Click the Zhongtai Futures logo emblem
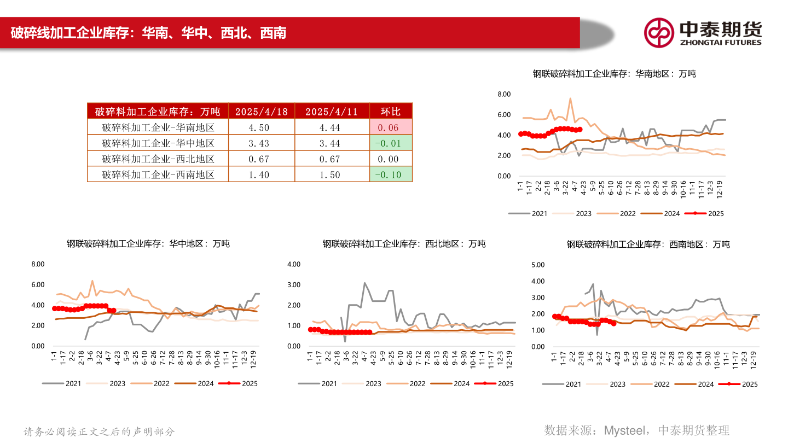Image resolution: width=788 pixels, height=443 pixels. pos(658,32)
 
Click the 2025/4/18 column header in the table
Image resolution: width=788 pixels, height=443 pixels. pos(261,112)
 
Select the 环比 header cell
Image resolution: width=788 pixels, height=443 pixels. pos(391,112)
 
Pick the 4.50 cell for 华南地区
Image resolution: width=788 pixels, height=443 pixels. pos(261,128)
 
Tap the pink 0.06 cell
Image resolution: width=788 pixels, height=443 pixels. pos(391,128)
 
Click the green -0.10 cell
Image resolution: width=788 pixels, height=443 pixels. pos(391,174)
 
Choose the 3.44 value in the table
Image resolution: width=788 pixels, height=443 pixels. pos(331,143)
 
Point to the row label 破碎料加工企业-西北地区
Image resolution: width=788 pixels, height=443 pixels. pos(158,159)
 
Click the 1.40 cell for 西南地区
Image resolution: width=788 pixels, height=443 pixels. pos(261,174)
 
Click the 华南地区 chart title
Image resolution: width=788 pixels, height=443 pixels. pos(614,73)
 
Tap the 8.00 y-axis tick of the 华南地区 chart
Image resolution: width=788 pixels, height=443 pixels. pos(504,95)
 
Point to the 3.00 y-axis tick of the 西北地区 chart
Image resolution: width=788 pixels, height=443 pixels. pos(294,285)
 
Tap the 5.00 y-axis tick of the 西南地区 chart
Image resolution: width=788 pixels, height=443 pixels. pos(538,265)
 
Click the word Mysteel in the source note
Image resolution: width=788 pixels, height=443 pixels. pos(619,430)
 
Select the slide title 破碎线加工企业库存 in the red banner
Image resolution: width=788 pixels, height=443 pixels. pos(74,33)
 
